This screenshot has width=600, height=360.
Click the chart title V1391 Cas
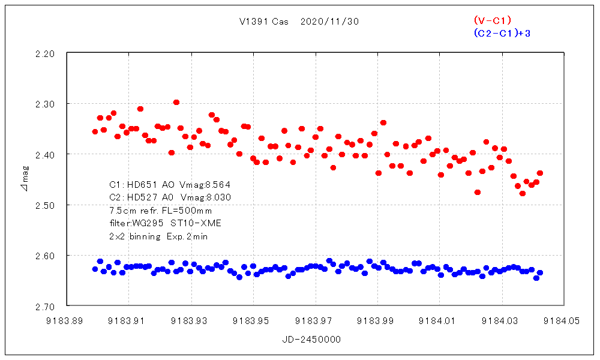click(x=263, y=22)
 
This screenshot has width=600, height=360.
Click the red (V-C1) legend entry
click(x=492, y=20)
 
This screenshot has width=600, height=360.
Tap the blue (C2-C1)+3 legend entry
click(x=502, y=33)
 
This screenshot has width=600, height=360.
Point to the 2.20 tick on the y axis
click(x=46, y=53)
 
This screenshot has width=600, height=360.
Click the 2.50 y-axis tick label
click(x=46, y=205)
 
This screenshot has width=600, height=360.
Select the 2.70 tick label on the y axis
click(x=46, y=306)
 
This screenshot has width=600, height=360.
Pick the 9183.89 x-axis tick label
click(x=66, y=321)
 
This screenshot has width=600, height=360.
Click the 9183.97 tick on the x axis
click(x=314, y=321)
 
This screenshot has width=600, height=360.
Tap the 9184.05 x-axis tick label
click(x=563, y=321)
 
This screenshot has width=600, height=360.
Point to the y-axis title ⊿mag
click(x=23, y=180)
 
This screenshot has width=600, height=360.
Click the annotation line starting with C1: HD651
click(x=170, y=184)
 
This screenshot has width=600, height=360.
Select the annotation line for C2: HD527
click(x=170, y=197)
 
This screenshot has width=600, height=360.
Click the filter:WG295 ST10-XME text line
click(x=165, y=223)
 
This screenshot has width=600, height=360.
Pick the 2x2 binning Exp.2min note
click(x=158, y=236)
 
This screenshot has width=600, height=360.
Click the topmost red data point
click(x=176, y=102)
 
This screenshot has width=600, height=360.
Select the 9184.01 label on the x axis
click(x=439, y=321)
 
